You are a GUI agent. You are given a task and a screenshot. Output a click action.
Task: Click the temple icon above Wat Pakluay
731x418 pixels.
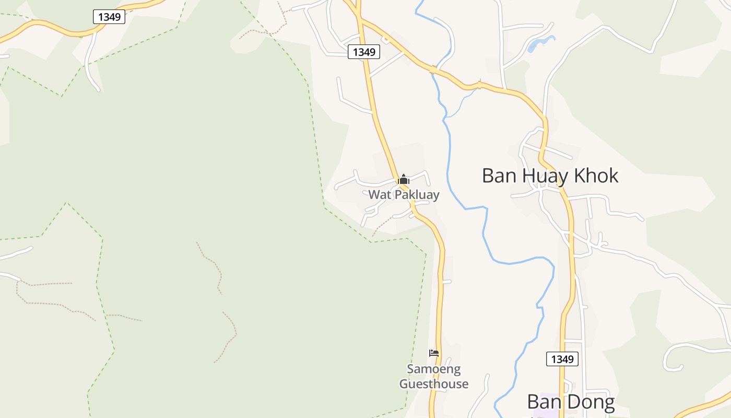(x=403, y=180)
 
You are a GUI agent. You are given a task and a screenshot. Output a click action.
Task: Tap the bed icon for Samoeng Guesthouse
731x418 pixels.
(x=433, y=353)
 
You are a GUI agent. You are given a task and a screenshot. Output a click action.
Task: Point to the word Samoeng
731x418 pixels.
(x=433, y=369)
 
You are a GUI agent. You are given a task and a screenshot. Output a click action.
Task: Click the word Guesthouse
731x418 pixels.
(x=433, y=384)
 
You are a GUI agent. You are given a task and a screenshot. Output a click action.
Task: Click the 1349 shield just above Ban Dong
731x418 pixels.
(x=562, y=359)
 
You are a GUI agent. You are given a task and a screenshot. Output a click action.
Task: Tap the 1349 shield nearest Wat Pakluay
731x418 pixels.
(x=363, y=52)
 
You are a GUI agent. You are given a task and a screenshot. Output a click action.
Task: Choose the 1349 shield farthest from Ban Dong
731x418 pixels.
(x=109, y=17)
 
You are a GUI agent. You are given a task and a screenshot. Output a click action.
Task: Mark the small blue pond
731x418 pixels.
(x=537, y=45)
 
